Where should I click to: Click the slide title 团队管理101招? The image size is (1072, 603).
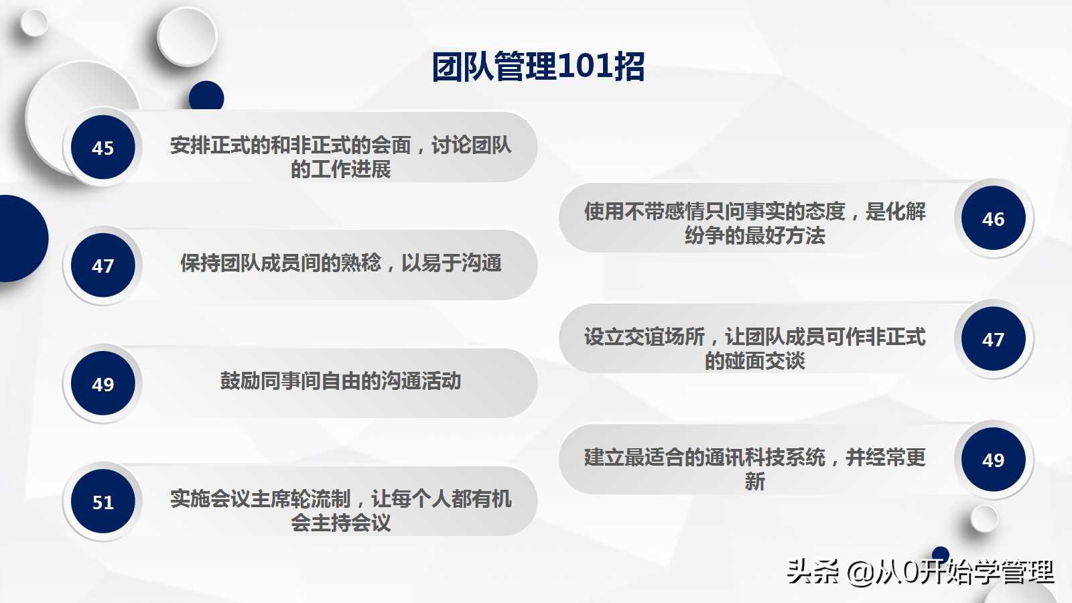point(538,66)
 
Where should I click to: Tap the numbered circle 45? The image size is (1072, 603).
point(103,147)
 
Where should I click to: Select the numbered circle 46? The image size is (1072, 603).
point(993,218)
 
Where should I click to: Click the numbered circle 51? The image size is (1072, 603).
point(103,502)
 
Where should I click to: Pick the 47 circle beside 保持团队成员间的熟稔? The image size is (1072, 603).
point(103,265)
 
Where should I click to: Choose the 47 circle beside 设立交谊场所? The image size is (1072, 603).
point(993,339)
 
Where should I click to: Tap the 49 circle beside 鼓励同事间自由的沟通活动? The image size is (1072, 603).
point(103,384)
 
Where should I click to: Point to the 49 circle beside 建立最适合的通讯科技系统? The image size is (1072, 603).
point(993,460)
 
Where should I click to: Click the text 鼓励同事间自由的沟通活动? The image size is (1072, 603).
point(340,381)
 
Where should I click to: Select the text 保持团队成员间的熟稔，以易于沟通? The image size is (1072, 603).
point(340,263)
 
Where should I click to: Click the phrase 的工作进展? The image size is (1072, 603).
point(340,170)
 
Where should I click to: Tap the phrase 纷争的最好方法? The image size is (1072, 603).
point(754,236)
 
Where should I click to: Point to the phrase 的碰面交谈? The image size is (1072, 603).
point(754,361)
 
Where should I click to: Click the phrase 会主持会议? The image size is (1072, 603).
point(340,523)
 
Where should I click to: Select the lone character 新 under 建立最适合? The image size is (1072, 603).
point(754,482)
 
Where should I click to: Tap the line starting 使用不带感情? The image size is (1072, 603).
point(754,212)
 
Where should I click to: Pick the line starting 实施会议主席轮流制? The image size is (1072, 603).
point(340,498)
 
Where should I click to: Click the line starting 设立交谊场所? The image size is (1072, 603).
point(754,336)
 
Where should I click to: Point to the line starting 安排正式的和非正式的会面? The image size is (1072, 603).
point(340,145)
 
